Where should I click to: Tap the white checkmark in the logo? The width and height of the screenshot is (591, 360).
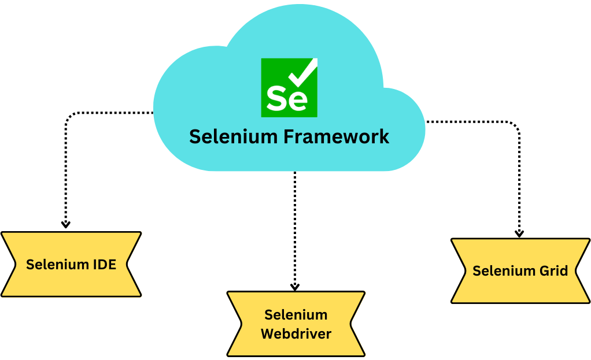point(303,73)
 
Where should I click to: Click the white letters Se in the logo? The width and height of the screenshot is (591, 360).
point(286,98)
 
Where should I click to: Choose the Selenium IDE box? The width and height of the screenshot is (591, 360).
point(71,264)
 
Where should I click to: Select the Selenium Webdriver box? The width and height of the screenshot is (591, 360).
point(295,324)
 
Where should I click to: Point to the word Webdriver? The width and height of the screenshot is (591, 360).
point(296,333)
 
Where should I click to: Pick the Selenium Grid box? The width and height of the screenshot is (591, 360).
point(520,270)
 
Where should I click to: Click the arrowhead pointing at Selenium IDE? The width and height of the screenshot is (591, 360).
point(66,224)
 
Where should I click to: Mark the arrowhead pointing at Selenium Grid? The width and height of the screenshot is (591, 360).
point(519,233)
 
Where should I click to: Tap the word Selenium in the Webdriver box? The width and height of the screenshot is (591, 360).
point(296,315)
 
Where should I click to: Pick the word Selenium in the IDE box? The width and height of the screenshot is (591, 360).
point(56,265)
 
